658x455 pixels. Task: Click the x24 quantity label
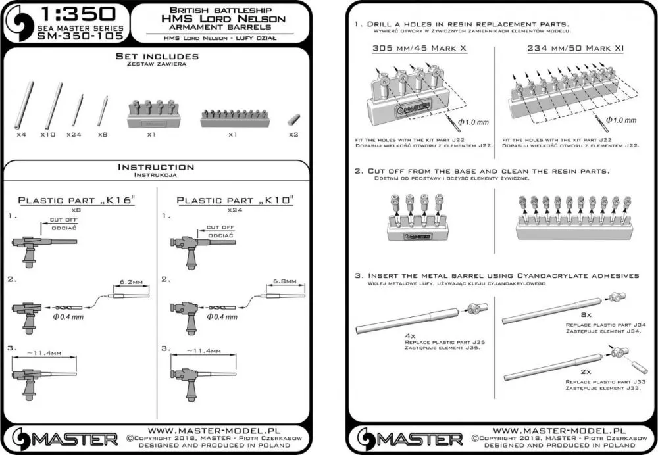pos(73,134)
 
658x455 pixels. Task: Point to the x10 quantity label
pos(47,134)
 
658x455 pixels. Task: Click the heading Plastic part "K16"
pos(76,200)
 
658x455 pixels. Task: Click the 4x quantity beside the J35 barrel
pos(410,335)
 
